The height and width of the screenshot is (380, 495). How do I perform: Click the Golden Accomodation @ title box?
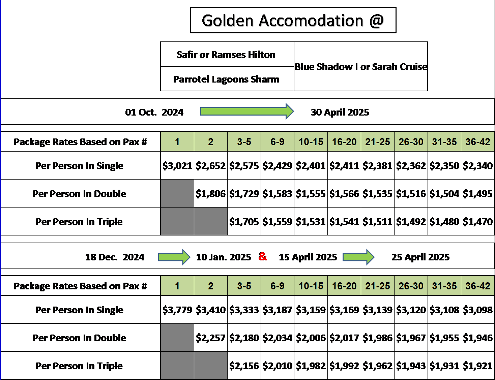(293, 20)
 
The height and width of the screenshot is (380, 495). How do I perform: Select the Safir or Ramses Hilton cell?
(227, 54)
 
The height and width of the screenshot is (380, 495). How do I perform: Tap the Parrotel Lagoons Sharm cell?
(227, 79)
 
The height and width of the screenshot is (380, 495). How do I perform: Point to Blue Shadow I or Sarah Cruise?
(361, 67)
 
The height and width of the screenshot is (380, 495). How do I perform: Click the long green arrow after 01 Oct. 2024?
(247, 111)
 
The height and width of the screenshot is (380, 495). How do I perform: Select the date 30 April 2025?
(340, 112)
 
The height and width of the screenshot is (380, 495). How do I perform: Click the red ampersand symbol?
(263, 256)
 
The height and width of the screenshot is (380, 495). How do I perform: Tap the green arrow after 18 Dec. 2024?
(174, 257)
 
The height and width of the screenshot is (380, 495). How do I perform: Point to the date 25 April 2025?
(420, 257)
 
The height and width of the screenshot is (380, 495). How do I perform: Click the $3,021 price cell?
(177, 165)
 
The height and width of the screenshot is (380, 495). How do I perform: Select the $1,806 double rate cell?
(211, 193)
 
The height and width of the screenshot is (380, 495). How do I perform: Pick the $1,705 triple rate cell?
(244, 221)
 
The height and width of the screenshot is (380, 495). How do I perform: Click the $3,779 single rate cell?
(177, 310)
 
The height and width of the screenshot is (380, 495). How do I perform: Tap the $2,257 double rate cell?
(211, 338)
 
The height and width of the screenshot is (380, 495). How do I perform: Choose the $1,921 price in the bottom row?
(478, 366)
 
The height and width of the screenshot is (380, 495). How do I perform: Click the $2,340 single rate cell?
(478, 165)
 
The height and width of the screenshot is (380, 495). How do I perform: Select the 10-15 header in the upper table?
(311, 141)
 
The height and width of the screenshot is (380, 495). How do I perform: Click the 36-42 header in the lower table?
(478, 286)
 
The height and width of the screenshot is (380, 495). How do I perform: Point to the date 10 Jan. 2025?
(224, 257)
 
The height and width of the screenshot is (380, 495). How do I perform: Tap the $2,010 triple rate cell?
(278, 366)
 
